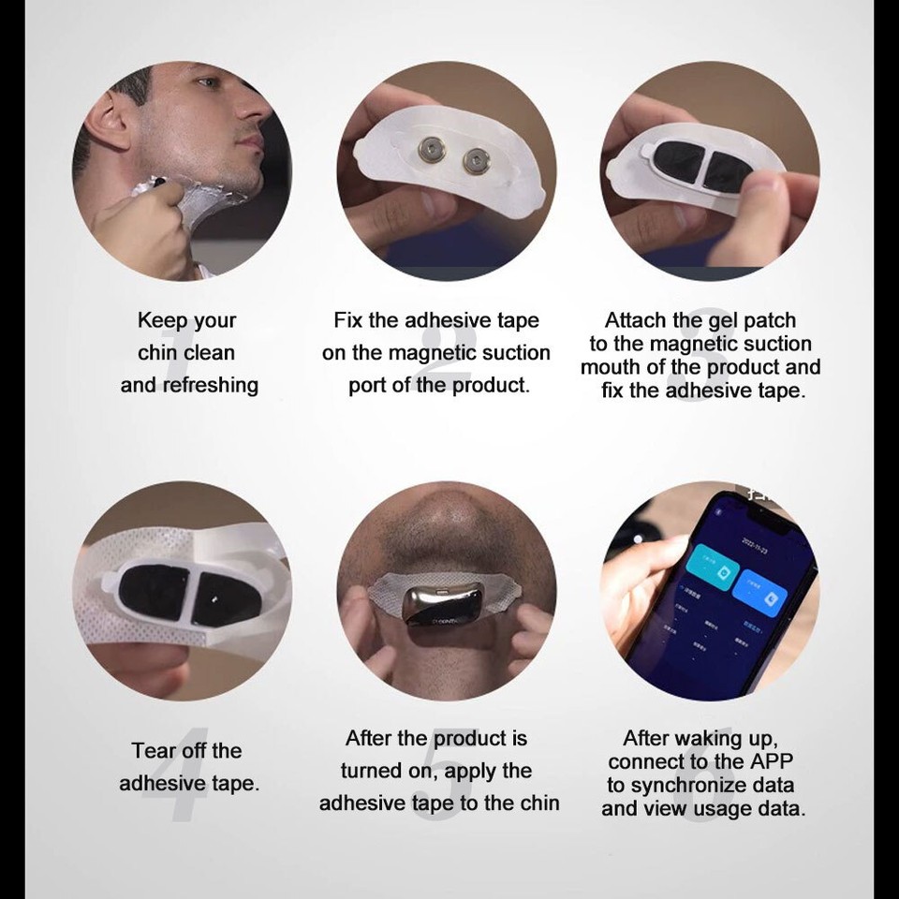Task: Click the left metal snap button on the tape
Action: pyautogui.click(x=432, y=150)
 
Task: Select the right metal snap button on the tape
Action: pyautogui.click(x=476, y=162)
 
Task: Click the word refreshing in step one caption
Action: pyautogui.click(x=213, y=385)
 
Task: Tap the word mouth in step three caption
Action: pyautogui.click(x=611, y=367)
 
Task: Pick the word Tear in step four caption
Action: pyautogui.click(x=154, y=751)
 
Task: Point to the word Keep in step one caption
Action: pyautogui.click(x=161, y=320)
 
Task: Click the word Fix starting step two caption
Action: pyautogui.click(x=347, y=320)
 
